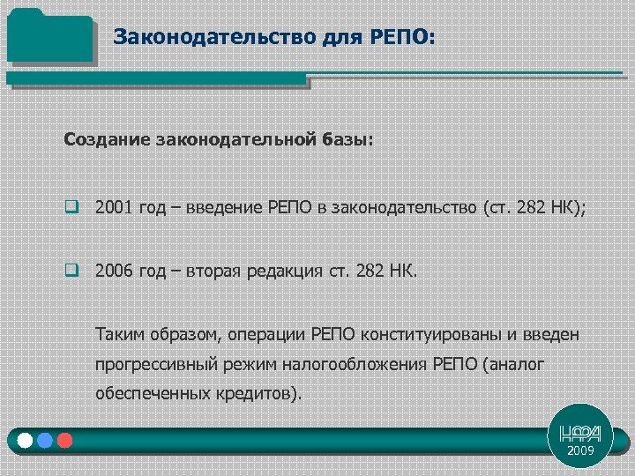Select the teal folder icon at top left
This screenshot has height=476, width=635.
pos(49,37)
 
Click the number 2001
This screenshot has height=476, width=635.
pos(114,208)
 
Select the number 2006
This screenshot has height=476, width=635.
pos(114,270)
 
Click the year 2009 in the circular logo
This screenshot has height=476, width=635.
pos(580,450)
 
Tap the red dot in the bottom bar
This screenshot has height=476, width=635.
pos(63,440)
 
